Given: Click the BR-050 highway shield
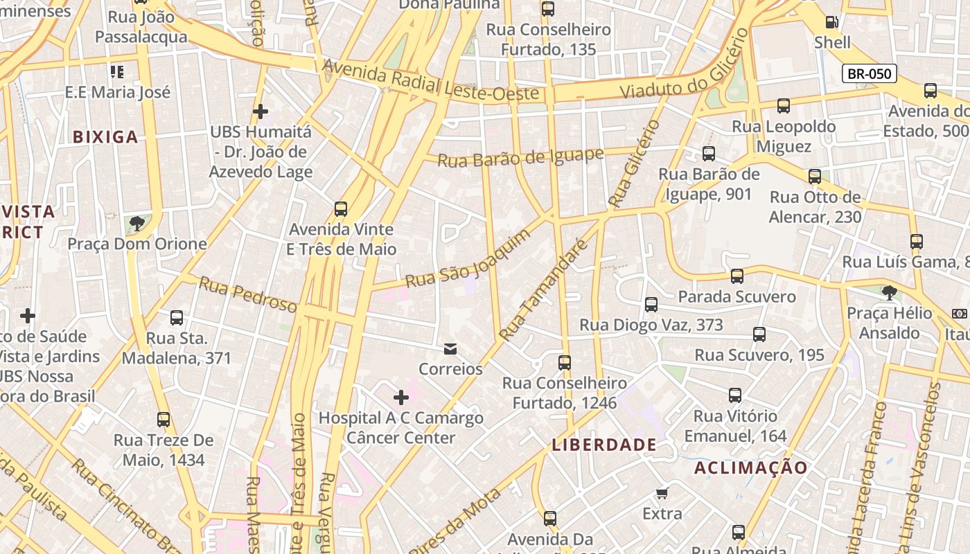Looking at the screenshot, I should pyautogui.click(x=870, y=73).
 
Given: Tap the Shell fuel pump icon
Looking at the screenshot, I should pyautogui.click(x=833, y=22).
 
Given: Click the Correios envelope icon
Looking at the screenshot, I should pyautogui.click(x=450, y=348).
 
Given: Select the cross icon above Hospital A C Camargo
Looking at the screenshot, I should pyautogui.click(x=400, y=397).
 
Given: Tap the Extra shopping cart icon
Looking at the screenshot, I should pyautogui.click(x=662, y=493).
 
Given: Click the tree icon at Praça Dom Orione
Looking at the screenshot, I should pyautogui.click(x=137, y=223).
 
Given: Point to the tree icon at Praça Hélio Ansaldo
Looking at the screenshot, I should pyautogui.click(x=890, y=292).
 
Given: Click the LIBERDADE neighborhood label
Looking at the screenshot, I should pyautogui.click(x=603, y=445).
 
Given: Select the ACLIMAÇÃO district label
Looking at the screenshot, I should pyautogui.click(x=751, y=467).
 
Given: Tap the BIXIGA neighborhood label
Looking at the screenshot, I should pyautogui.click(x=105, y=137).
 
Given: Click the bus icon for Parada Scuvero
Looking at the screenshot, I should pyautogui.click(x=737, y=276).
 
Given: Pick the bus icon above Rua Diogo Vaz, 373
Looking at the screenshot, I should pyautogui.click(x=651, y=304).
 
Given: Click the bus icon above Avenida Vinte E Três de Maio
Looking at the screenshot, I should pyautogui.click(x=340, y=208).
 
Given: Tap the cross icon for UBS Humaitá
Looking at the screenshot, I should pyautogui.click(x=261, y=111).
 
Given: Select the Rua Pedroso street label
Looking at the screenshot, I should pyautogui.click(x=248, y=294).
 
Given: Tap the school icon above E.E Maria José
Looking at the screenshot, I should pyautogui.click(x=117, y=71).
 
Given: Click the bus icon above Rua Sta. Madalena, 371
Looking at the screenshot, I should pyautogui.click(x=177, y=318).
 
